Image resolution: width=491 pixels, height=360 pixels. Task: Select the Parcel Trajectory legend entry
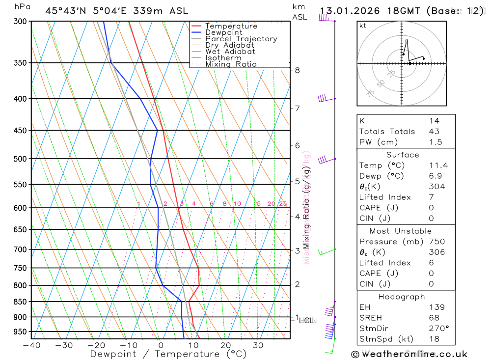[x=241, y=39]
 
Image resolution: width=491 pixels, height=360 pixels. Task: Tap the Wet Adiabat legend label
[x=230, y=52]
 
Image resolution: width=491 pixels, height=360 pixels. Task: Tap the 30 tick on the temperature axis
[x=258, y=345]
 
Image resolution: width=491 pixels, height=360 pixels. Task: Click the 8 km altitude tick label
[x=298, y=70]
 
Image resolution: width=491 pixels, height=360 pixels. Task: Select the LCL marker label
[x=306, y=321]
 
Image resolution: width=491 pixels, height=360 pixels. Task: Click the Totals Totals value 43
[x=434, y=132]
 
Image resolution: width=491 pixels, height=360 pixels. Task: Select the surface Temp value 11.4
[x=438, y=166]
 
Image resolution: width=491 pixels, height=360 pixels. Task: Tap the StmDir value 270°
[x=438, y=329]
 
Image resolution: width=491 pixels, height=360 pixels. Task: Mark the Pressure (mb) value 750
[x=436, y=242]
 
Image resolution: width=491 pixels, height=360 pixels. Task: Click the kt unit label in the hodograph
[x=363, y=26]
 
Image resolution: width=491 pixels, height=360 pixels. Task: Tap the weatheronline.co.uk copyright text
[x=409, y=354]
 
